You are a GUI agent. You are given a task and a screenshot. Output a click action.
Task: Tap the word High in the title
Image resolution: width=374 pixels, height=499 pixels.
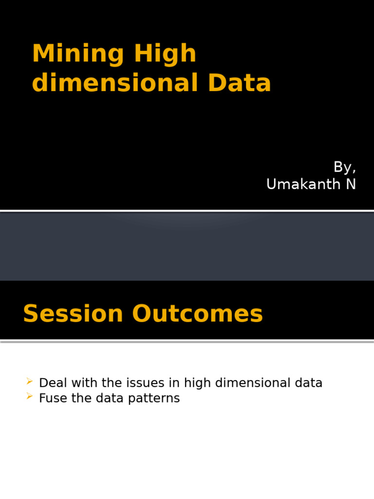(165, 54)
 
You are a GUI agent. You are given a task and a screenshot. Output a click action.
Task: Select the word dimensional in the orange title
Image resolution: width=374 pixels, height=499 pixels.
(115, 83)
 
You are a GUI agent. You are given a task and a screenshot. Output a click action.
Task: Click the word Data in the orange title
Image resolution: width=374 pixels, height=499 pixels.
(239, 83)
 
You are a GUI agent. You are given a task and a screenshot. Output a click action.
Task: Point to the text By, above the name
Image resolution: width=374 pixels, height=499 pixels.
(344, 167)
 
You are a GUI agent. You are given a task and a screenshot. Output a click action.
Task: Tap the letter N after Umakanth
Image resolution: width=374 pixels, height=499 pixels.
(351, 184)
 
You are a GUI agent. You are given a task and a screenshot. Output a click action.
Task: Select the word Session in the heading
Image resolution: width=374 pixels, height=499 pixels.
(73, 314)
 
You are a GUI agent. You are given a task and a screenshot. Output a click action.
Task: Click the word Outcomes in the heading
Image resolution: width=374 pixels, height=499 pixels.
(197, 314)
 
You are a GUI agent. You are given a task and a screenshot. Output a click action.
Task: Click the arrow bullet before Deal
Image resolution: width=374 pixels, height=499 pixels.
(30, 381)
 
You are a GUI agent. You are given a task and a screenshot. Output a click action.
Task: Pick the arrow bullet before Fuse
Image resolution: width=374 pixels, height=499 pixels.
(30, 397)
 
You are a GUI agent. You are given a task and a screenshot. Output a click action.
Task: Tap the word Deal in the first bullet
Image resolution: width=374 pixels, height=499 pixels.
(49, 383)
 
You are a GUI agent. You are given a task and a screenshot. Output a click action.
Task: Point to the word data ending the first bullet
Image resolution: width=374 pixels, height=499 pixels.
(308, 383)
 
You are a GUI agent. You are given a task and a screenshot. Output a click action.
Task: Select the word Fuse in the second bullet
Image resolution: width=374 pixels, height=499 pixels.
(50, 399)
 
